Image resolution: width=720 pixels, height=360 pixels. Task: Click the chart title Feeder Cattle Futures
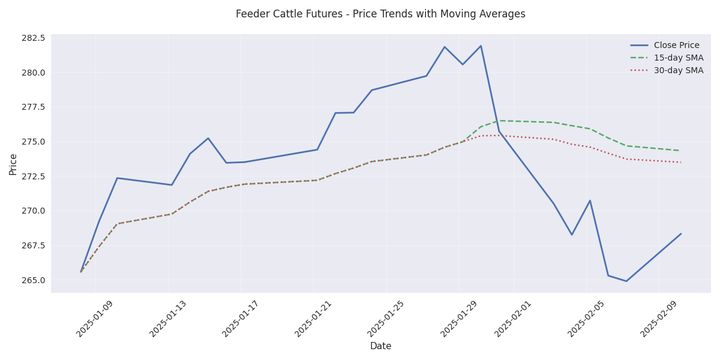(380, 14)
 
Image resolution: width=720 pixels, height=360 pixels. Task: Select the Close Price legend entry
(676, 46)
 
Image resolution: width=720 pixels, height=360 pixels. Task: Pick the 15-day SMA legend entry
(679, 58)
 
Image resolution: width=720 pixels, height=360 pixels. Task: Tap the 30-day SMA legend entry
(679, 71)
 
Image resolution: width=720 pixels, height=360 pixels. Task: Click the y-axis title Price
(13, 164)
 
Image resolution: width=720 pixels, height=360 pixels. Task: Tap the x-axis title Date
(380, 346)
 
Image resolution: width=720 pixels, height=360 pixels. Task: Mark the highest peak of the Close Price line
(481, 46)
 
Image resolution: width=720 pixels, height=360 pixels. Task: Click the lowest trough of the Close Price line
(626, 281)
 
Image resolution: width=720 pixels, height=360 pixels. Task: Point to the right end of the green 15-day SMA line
(680, 151)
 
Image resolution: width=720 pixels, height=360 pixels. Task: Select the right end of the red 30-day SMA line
(680, 162)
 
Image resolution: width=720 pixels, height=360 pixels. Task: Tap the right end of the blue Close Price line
(680, 234)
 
